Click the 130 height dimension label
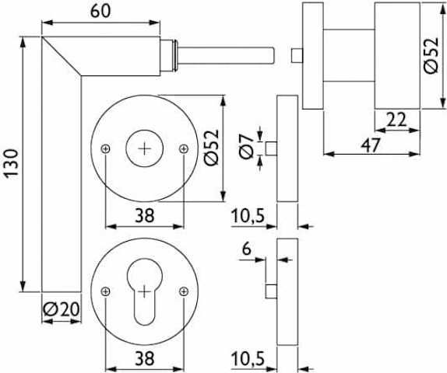pyautogui.click(x=12, y=163)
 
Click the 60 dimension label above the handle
pyautogui.click(x=100, y=12)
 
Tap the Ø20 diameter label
pyautogui.click(x=61, y=309)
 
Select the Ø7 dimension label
pyautogui.click(x=247, y=147)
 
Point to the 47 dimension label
pyautogui.click(x=371, y=145)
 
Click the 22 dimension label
pyautogui.click(x=396, y=120)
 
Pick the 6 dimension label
pyautogui.click(x=247, y=249)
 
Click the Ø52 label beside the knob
pyautogui.click(x=431, y=56)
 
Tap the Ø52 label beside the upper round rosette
pyautogui.click(x=212, y=147)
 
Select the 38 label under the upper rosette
pyautogui.click(x=145, y=215)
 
